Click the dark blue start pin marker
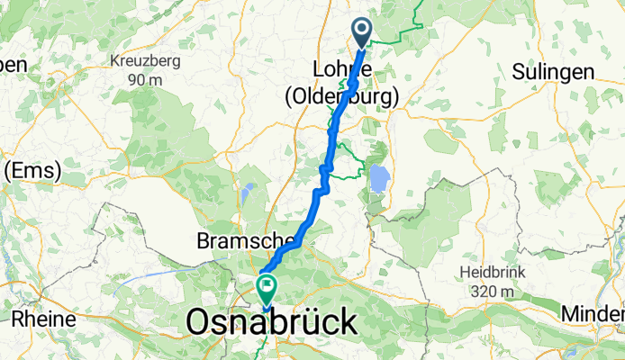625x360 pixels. pyautogui.click(x=362, y=32)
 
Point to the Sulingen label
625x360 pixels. pyautogui.click(x=552, y=72)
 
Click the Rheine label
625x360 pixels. pyautogui.click(x=37, y=320)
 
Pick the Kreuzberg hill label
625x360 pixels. pyautogui.click(x=145, y=62)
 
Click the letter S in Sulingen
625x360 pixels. pyautogui.click(x=517, y=72)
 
